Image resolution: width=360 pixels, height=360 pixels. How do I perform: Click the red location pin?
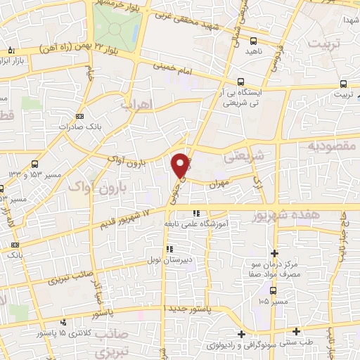tap(181, 165)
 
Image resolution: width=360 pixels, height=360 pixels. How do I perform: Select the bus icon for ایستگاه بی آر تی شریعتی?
tap(241, 82)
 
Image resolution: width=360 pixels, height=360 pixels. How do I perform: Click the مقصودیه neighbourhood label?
tap(333, 146)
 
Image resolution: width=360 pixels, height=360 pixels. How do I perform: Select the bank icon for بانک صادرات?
tap(79, 116)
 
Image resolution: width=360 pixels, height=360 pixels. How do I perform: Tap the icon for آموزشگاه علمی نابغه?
tap(198, 213)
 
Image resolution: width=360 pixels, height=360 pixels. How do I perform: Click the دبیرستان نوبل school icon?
tap(167, 247)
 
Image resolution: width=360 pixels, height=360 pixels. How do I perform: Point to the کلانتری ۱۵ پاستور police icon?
tap(64, 322)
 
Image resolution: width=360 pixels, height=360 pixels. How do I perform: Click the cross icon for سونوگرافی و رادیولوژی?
tap(241, 334)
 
